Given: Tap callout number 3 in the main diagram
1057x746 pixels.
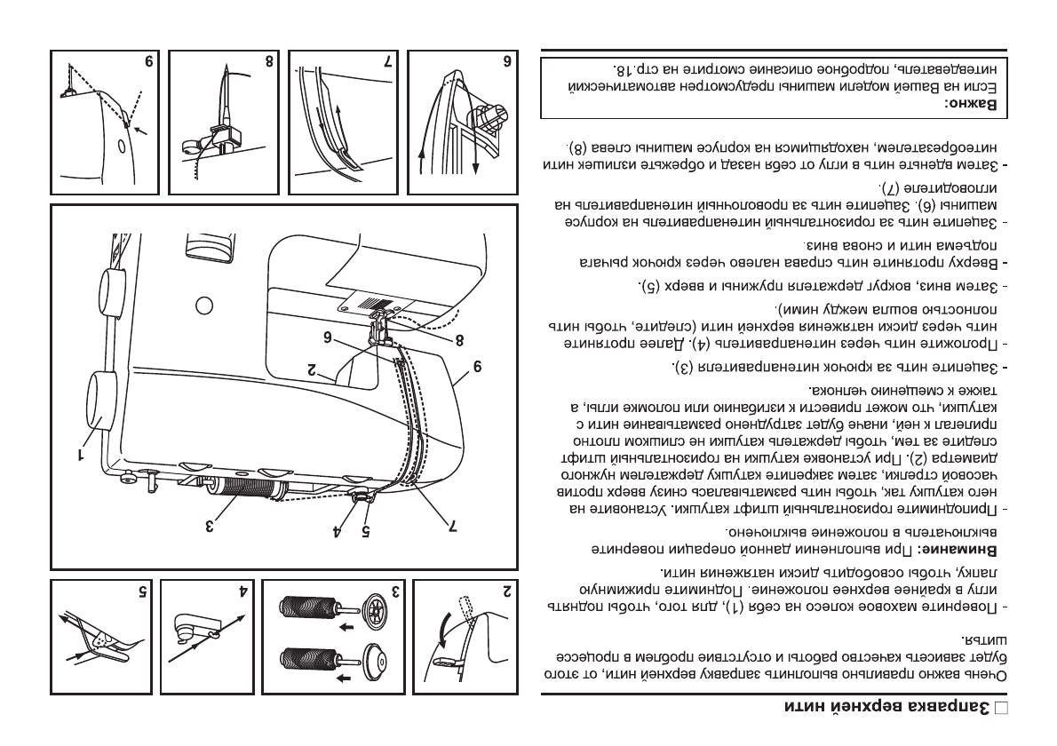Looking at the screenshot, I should [x=211, y=525].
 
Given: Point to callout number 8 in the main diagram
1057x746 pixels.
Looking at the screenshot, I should [x=458, y=338].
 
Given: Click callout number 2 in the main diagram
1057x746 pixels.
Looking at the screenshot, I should [x=313, y=370].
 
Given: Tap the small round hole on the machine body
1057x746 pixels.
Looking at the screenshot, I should [x=203, y=306].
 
